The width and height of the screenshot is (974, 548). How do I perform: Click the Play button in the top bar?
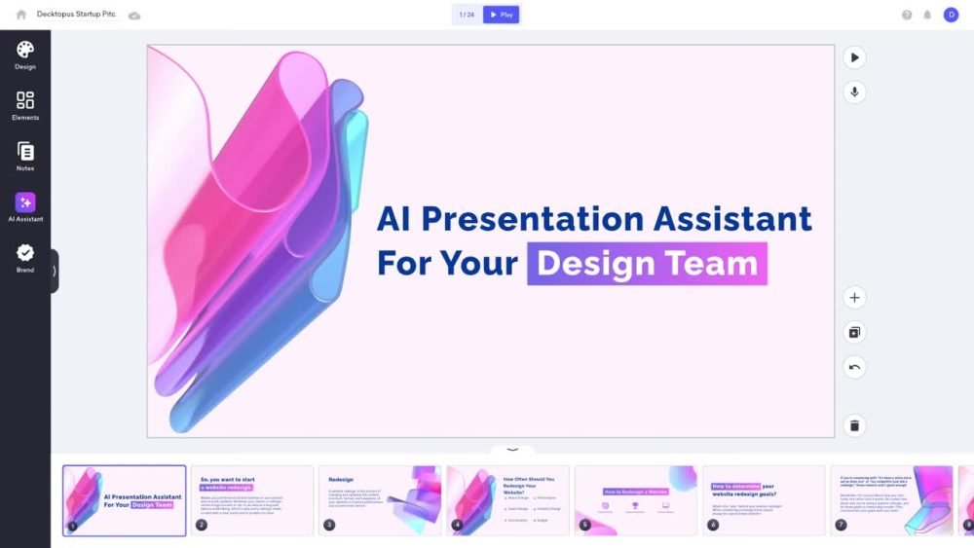coord(501,15)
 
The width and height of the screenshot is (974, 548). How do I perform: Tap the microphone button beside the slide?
coord(854,92)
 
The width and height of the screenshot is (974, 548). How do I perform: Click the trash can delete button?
coord(854,425)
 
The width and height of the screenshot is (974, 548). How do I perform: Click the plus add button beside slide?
coord(854,298)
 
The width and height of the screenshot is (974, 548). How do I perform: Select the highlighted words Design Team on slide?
coord(647,264)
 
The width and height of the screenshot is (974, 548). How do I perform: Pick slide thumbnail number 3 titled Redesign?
coord(380,500)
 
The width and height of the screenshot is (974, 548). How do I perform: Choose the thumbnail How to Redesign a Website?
coord(635,500)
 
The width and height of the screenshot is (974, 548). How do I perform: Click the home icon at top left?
coord(21,15)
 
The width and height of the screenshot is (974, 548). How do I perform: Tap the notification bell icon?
coord(927,15)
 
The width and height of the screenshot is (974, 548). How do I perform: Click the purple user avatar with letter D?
coord(951,15)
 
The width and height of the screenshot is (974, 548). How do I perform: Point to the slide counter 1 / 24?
coord(468,15)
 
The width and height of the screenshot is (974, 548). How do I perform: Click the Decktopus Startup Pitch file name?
coord(76,15)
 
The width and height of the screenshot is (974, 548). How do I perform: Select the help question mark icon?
coord(907,15)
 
